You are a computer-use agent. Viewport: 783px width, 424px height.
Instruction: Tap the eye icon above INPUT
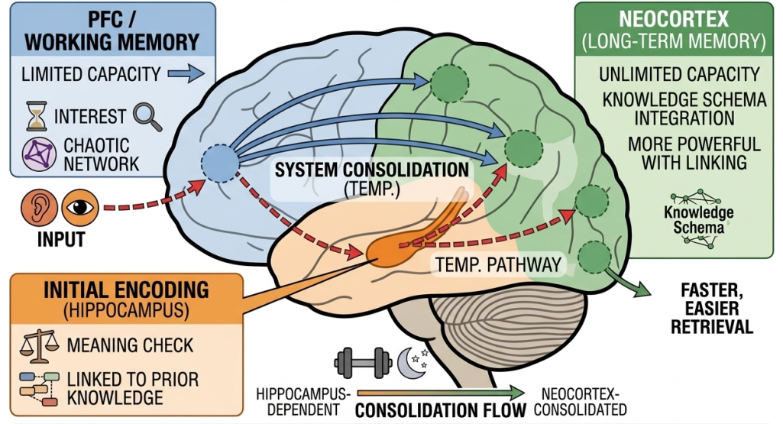[x=76, y=206]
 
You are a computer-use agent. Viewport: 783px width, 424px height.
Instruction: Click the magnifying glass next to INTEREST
[x=145, y=116]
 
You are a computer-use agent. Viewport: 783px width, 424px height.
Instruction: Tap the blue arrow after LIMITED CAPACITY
[x=186, y=74]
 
